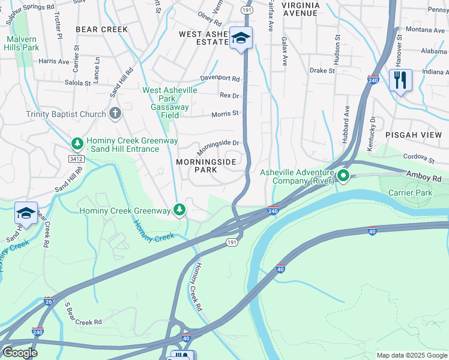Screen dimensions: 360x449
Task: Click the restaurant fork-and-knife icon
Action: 400,80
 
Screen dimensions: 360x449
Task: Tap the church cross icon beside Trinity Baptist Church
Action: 115,113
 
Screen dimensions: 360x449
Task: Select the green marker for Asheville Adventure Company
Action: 343,176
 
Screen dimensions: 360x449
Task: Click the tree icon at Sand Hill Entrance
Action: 77,144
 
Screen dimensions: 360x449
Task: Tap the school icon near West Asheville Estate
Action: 241,39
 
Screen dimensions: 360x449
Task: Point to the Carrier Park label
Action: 410,193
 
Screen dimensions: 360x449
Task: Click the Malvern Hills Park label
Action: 22,43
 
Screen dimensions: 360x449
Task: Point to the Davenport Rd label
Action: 220,79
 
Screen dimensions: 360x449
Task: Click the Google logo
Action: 20,352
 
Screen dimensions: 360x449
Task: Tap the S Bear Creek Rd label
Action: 83,317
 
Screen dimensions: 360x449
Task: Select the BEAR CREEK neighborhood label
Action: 101,29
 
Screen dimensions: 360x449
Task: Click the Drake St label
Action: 322,70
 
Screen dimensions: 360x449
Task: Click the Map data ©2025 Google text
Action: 411,355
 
